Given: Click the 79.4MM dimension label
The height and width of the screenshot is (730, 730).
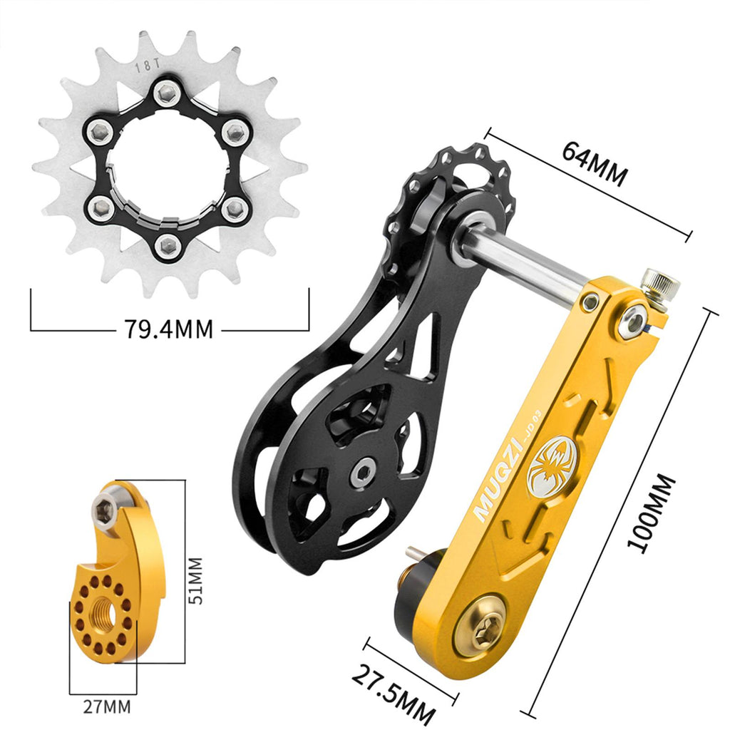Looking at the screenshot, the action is (x=168, y=329).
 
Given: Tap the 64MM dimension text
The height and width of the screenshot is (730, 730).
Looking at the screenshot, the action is (x=594, y=163).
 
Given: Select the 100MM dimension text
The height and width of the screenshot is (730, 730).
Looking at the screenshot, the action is (x=650, y=513).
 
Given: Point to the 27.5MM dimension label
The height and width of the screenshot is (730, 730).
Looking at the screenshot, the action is (x=394, y=694).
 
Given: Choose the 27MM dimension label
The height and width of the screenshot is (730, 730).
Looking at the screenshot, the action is (x=107, y=706).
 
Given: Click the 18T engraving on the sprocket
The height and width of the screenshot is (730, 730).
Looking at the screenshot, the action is (x=147, y=66).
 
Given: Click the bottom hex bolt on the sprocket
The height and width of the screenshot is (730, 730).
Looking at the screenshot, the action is (x=168, y=245).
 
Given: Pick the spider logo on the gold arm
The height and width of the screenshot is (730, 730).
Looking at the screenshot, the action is (x=550, y=466).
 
